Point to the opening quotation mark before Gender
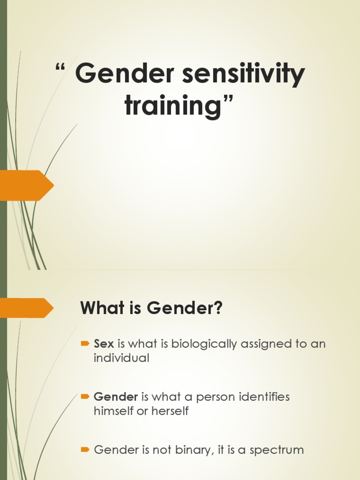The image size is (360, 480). click(x=60, y=69)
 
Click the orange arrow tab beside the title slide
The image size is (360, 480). click(x=26, y=185)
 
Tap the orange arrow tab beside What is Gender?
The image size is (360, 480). click(x=26, y=307)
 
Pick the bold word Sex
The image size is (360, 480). click(x=104, y=344)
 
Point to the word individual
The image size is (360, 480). click(x=121, y=358)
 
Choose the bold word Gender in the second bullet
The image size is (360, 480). click(x=116, y=397)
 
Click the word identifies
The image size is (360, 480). click(x=264, y=397)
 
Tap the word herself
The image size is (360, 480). click(x=172, y=411)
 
